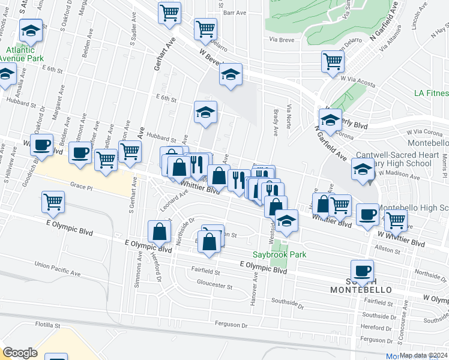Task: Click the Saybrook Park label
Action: tap(279, 254)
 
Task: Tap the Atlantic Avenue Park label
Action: tap(22, 54)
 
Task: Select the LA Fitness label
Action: tap(431, 93)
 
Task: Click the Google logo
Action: tap(20, 353)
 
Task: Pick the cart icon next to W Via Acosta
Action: tap(333, 61)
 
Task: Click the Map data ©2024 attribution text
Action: tap(424, 355)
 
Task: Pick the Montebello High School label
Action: tap(417, 208)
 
